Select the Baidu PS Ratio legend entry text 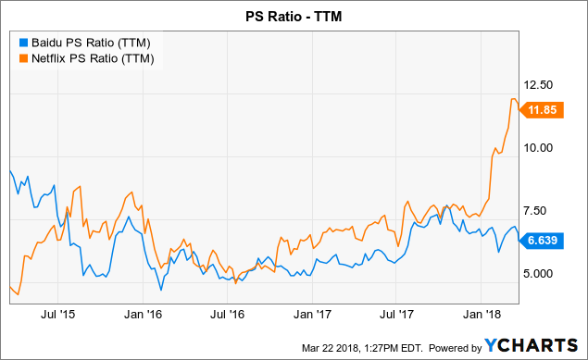pos(93,43)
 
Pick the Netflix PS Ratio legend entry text pos(95,58)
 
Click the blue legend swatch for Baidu pos(22,43)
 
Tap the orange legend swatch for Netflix pos(22,58)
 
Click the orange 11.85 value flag pos(542,110)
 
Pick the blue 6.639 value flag pos(542,240)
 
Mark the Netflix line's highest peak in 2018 pos(513,98)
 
